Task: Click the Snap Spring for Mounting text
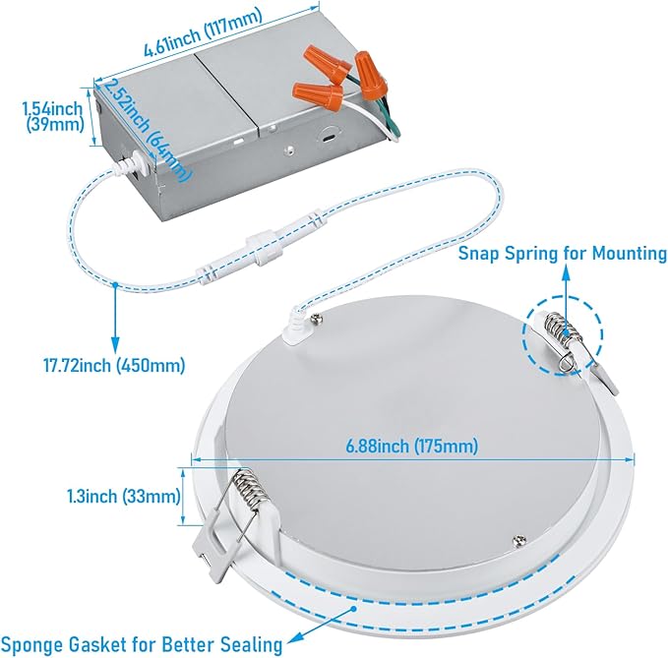pyautogui.click(x=563, y=253)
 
